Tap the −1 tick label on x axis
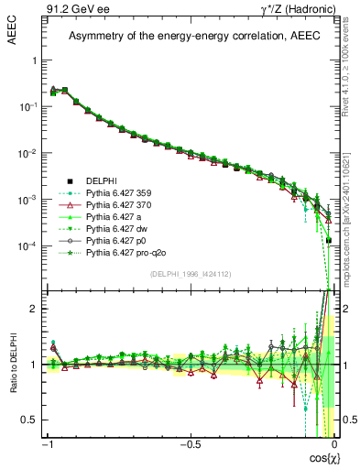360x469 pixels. point(46,445)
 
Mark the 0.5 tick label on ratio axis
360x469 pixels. point(31,420)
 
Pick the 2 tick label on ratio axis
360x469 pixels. point(35,309)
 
